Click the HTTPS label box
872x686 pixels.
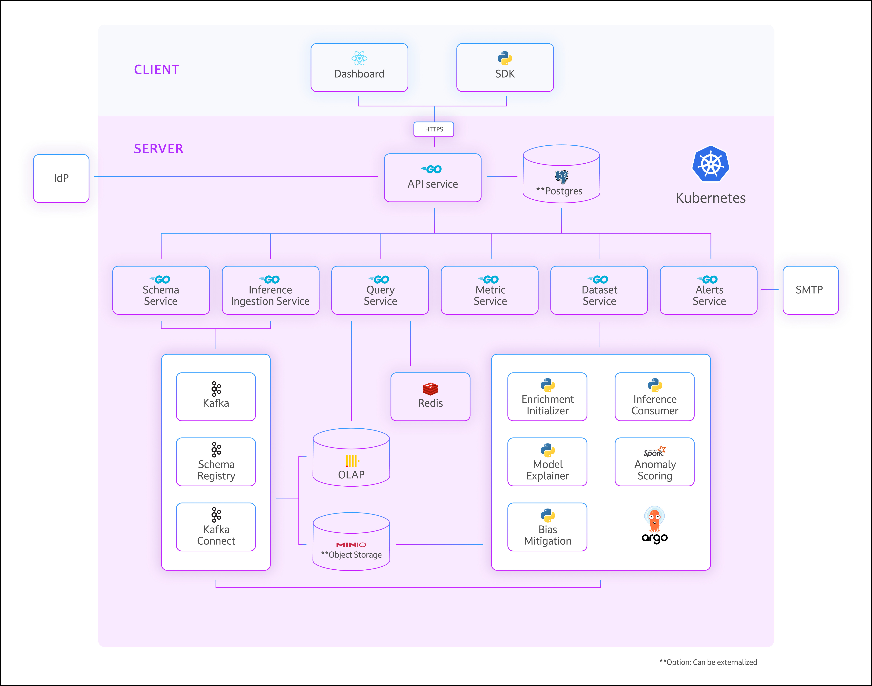tap(434, 129)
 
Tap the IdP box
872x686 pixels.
tap(61, 178)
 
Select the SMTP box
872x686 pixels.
tap(810, 290)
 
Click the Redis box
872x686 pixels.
tap(430, 397)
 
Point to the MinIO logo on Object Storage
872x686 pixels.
tap(351, 545)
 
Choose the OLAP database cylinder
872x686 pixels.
tap(351, 458)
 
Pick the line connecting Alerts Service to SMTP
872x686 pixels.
tap(770, 290)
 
